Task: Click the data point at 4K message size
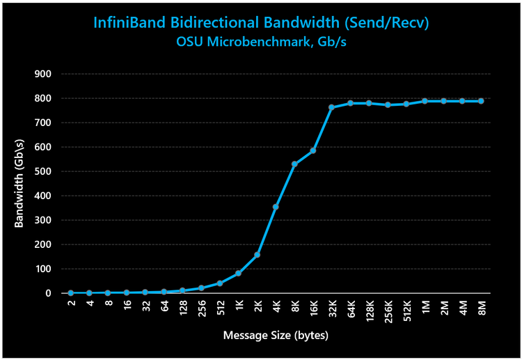coord(276,207)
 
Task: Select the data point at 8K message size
coord(294,164)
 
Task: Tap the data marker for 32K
coord(331,107)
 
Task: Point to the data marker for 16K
coord(313,150)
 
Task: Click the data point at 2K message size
coord(257,255)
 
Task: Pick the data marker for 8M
coord(481,101)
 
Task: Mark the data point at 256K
coord(388,105)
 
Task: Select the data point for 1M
coord(425,101)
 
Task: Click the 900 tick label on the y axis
coord(53,74)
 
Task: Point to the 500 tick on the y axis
coord(53,171)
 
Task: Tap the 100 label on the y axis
coord(53,269)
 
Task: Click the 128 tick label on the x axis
coord(183,308)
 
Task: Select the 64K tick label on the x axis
coord(350,308)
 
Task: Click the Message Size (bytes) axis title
coord(276,336)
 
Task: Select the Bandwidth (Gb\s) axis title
coord(19,183)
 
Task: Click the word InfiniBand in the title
coord(130,23)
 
